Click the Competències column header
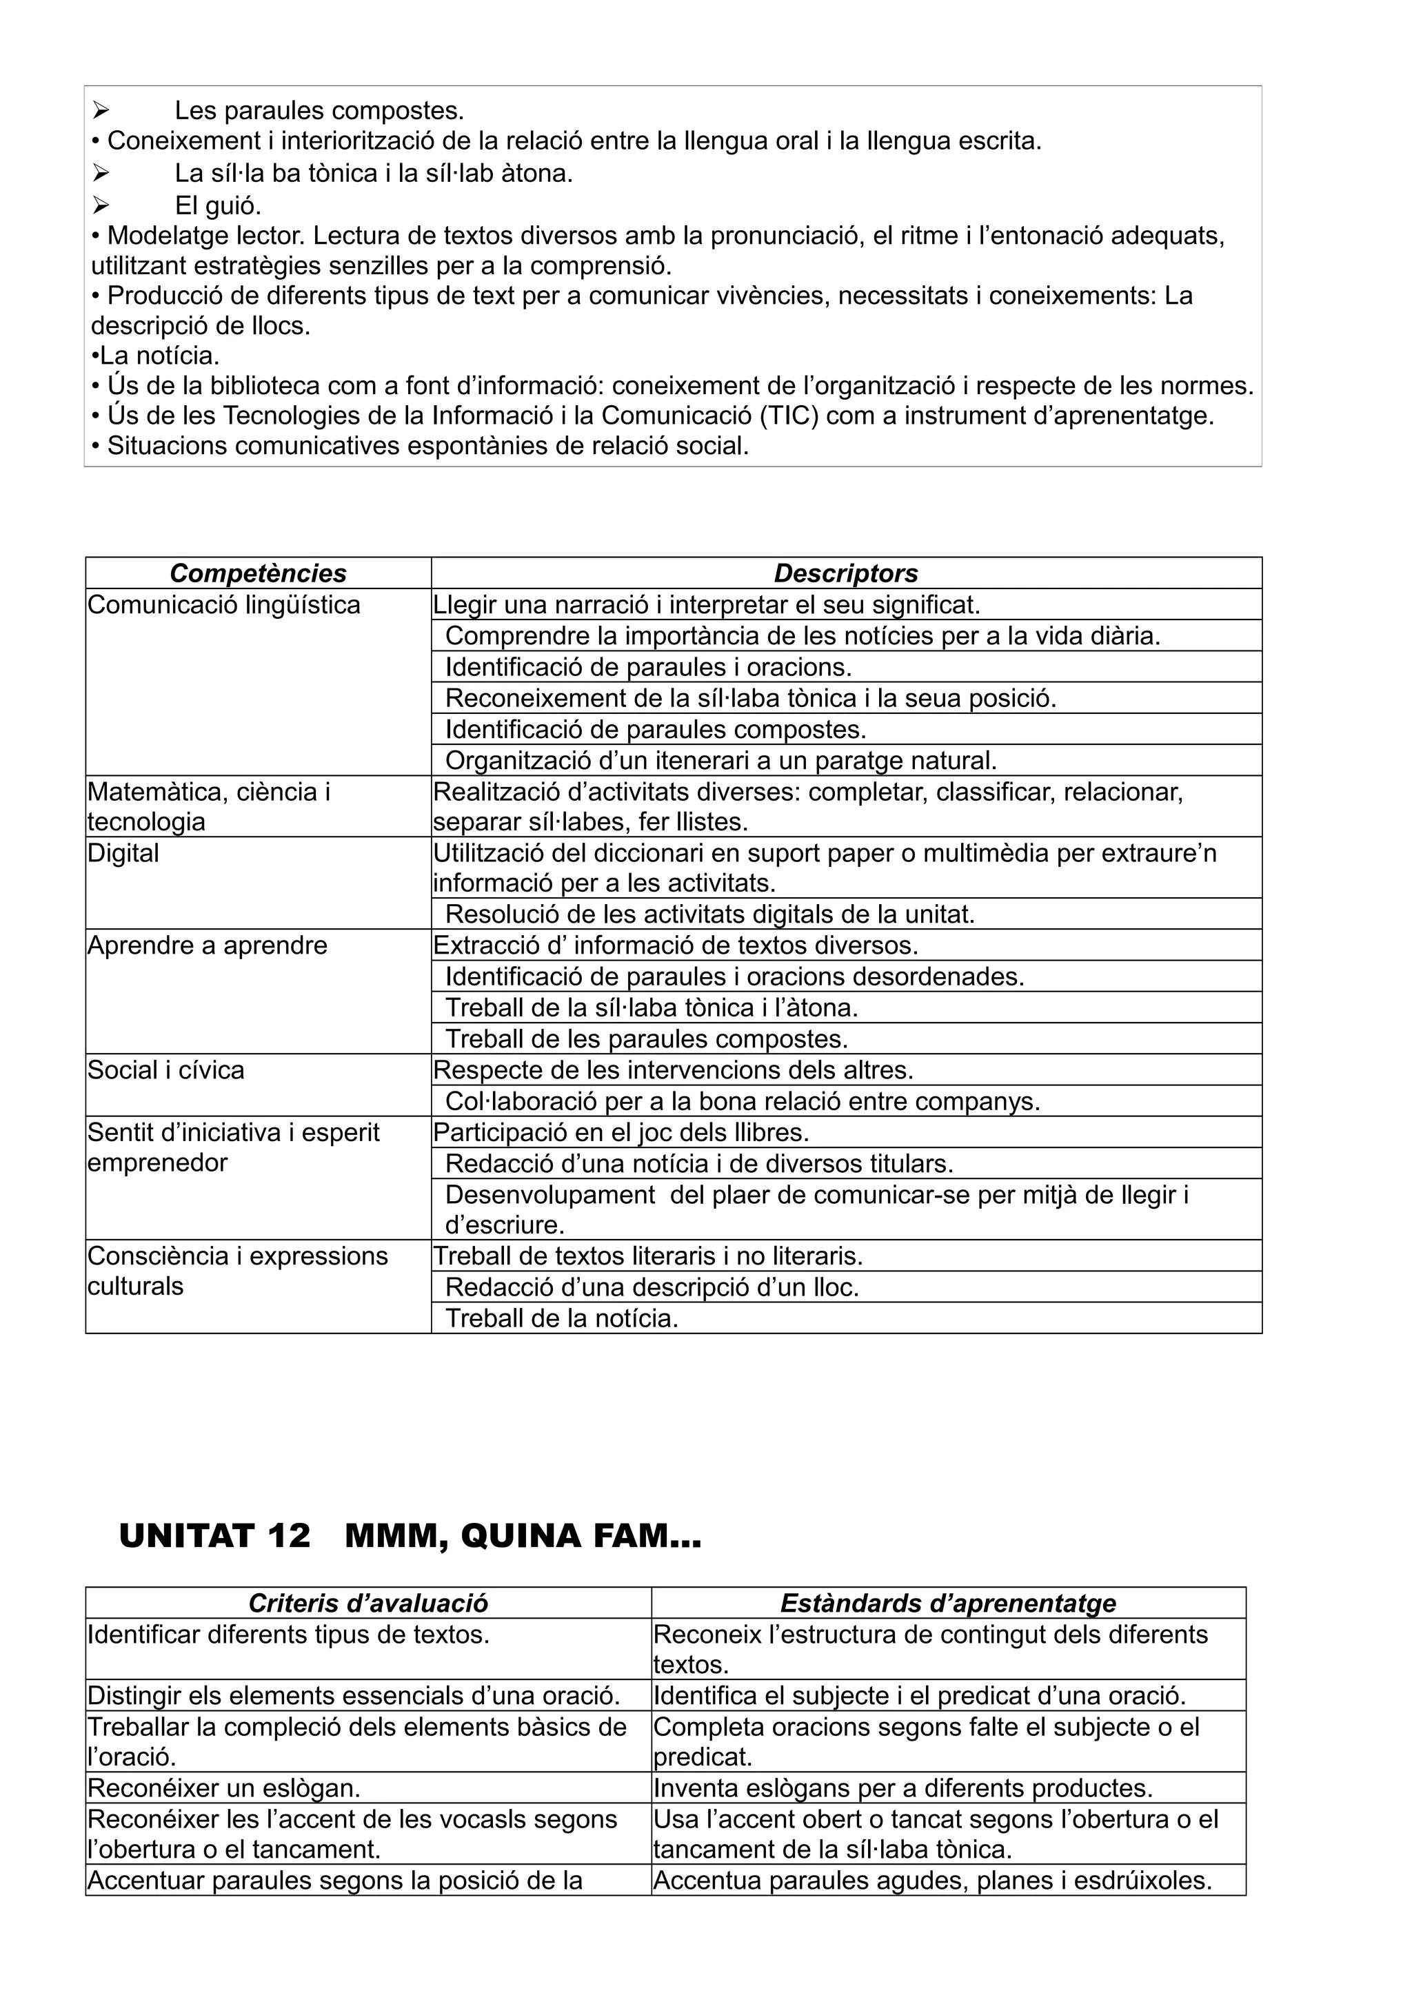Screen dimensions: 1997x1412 [258, 573]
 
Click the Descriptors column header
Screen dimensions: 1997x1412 [846, 573]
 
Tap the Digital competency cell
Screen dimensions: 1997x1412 [123, 853]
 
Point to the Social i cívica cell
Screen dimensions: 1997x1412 [165, 1069]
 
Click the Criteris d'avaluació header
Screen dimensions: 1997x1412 [368, 1603]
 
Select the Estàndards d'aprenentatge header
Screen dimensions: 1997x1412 [947, 1603]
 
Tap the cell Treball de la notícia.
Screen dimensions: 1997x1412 [561, 1318]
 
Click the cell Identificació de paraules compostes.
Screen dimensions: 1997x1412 [655, 729]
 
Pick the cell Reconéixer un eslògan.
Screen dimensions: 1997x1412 [223, 1788]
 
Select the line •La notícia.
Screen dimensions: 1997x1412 [156, 356]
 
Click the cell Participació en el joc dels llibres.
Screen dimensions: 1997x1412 [621, 1132]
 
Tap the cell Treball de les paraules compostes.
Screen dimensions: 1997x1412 [647, 1038]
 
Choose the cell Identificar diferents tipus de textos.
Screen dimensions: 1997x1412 [288, 1635]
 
